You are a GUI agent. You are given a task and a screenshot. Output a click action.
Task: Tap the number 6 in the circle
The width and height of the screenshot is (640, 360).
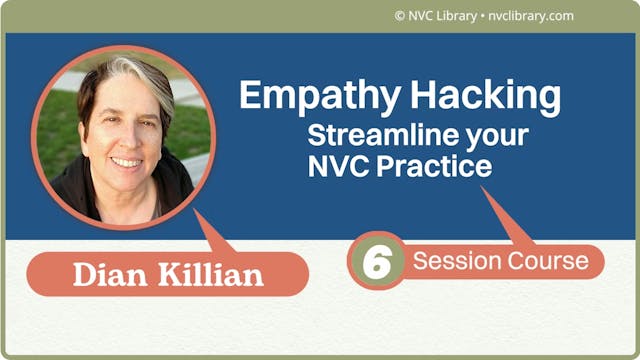[x=376, y=262]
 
